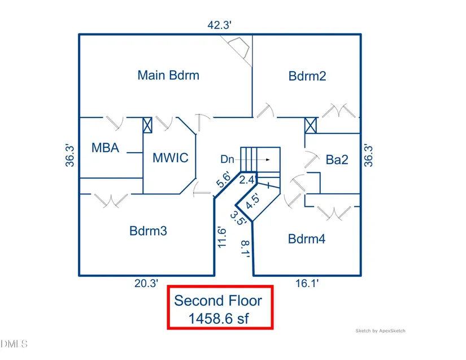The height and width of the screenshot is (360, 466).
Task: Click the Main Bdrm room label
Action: [168, 75]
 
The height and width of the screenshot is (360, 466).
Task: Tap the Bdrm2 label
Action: [307, 76]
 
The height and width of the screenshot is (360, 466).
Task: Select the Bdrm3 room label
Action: [148, 231]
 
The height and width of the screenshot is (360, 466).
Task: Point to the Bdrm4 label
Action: [307, 238]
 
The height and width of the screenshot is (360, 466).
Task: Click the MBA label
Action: [106, 148]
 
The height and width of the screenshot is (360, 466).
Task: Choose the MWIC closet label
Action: [170, 157]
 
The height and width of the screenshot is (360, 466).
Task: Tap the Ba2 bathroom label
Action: [337, 160]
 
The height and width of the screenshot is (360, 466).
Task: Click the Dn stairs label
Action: [227, 160]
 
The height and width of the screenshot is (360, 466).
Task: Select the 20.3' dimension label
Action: [146, 284]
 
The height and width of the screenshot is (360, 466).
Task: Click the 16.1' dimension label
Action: [307, 284]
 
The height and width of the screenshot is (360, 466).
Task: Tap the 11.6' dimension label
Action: [221, 237]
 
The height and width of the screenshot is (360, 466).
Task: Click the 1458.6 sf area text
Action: [220, 318]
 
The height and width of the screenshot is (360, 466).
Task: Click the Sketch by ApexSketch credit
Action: [380, 331]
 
